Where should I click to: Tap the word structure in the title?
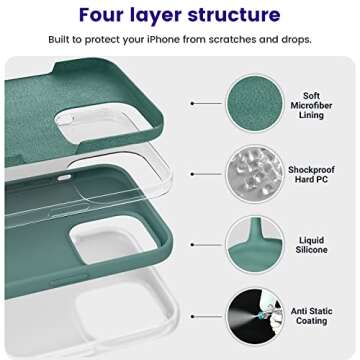(234, 15)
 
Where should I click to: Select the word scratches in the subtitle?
(234, 39)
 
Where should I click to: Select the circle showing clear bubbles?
(254, 171)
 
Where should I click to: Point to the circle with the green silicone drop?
(254, 243)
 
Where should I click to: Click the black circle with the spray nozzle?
(254, 314)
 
